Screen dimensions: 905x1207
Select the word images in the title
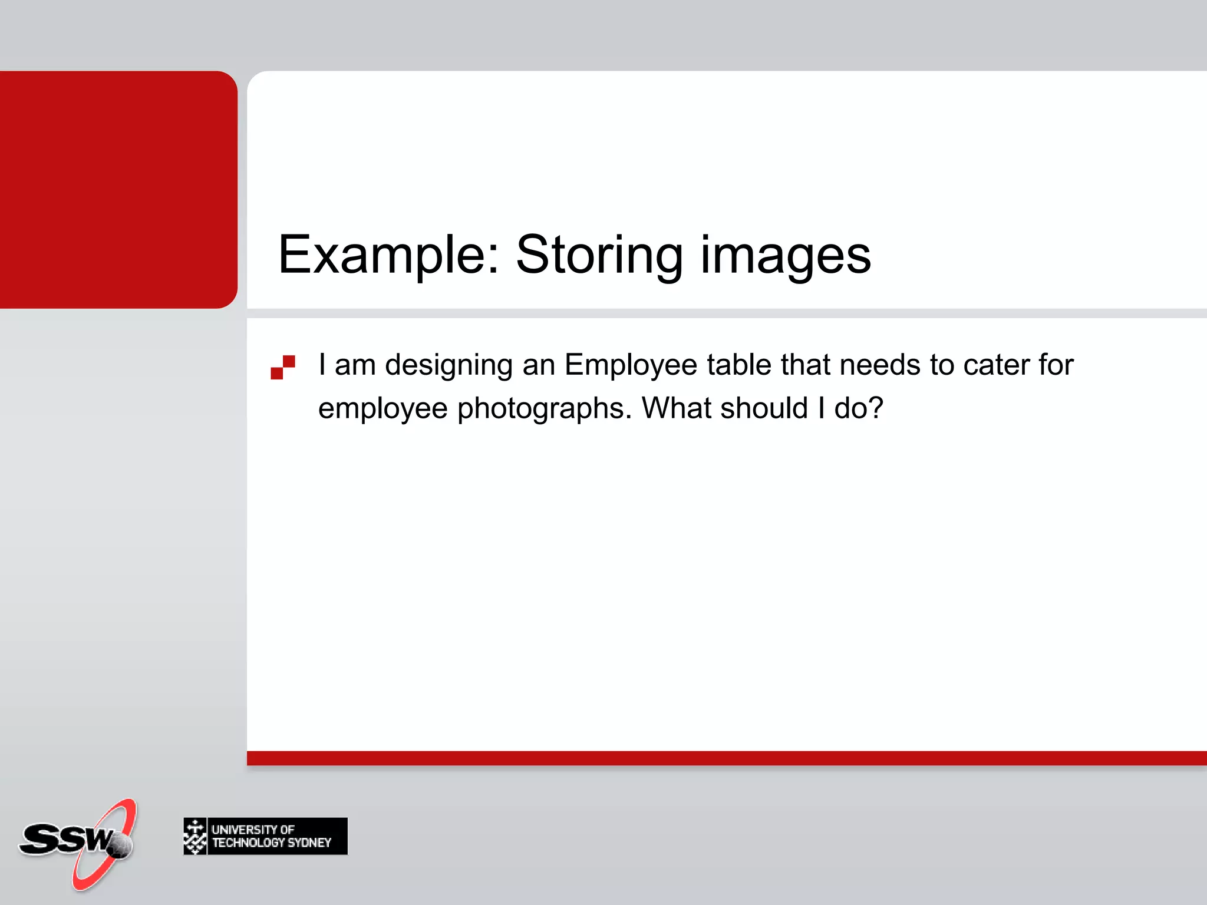pyautogui.click(x=785, y=255)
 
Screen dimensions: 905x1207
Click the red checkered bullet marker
pyautogui.click(x=283, y=367)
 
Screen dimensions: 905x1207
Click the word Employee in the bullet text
pyautogui.click(x=631, y=365)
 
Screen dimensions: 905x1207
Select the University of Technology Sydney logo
pyautogui.click(x=265, y=836)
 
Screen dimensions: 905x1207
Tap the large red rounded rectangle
pyautogui.click(x=118, y=189)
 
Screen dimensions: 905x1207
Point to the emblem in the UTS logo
pyautogui.click(x=195, y=836)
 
